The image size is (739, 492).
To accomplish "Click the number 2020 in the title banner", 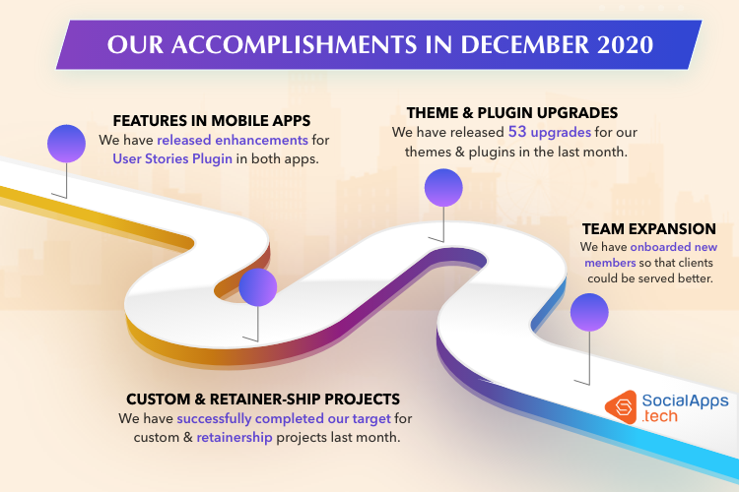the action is [x=625, y=44].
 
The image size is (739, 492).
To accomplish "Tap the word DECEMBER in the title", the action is [x=524, y=44].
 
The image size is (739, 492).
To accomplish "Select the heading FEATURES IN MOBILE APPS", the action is [x=212, y=120].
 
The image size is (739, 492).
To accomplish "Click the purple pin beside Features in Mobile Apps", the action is [x=66, y=144].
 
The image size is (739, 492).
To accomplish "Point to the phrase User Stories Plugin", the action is [x=172, y=158].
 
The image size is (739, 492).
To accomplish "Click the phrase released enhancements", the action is [x=233, y=140].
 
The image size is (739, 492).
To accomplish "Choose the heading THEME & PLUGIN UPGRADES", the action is [x=512, y=112].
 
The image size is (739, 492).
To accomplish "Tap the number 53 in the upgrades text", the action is [x=517, y=132].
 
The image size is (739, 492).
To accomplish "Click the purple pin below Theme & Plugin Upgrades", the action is [x=443, y=188].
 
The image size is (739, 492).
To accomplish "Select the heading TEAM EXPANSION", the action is [x=649, y=229].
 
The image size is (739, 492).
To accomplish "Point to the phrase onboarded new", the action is [x=674, y=247].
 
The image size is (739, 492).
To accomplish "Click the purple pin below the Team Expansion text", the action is [x=589, y=313].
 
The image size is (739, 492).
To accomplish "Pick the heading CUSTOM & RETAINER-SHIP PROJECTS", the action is [x=263, y=400].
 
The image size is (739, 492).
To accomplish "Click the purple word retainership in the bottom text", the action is [x=235, y=437].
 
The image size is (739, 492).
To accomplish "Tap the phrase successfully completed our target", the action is [x=284, y=418].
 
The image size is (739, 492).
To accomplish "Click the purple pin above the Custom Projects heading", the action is [x=258, y=287].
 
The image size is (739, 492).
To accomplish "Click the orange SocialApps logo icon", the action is [x=621, y=407].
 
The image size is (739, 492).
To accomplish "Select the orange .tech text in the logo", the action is [x=660, y=416].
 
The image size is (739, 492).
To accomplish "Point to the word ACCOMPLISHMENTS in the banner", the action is [x=294, y=44].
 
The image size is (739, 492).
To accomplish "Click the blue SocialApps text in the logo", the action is [x=685, y=400].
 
